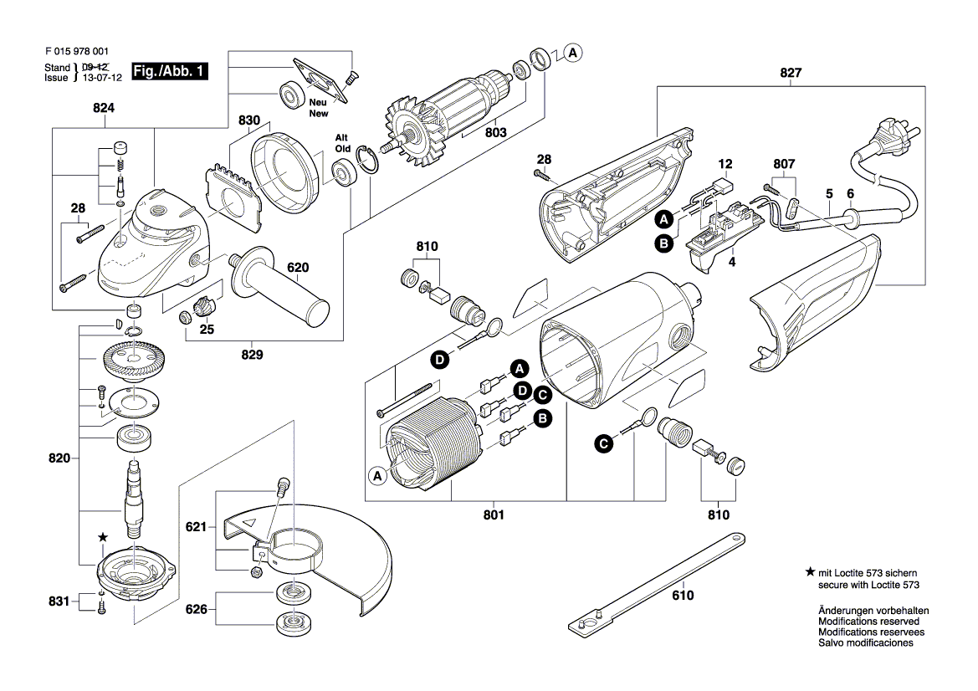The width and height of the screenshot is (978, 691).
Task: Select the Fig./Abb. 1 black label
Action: [172, 72]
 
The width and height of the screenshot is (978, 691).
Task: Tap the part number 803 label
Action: [495, 132]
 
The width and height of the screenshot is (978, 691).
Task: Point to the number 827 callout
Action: [791, 73]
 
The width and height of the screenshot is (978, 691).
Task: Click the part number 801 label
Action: [494, 515]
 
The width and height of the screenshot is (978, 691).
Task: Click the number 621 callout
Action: [196, 527]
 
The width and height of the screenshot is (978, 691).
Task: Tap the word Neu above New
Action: [318, 103]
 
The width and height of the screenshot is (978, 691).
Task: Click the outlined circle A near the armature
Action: [572, 54]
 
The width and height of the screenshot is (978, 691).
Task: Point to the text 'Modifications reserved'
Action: [868, 622]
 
